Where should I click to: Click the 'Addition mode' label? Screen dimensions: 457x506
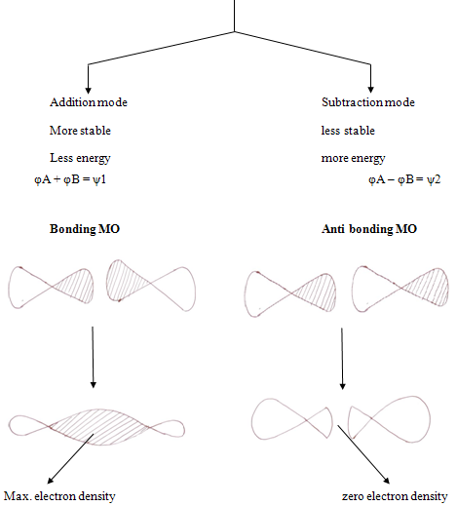(x=89, y=102)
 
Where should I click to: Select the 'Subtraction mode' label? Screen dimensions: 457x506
(x=368, y=102)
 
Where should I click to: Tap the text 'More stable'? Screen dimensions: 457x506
(x=80, y=131)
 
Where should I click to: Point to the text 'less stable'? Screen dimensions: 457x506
(x=348, y=131)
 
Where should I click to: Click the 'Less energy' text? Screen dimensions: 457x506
(x=80, y=159)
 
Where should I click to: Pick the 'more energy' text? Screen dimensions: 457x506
(x=353, y=159)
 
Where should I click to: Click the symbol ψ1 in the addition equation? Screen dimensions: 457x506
(x=99, y=179)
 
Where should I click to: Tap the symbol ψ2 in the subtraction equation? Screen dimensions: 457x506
(x=434, y=179)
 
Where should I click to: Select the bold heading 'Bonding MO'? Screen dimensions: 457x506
(x=85, y=229)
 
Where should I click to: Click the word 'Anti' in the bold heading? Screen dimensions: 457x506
(x=333, y=229)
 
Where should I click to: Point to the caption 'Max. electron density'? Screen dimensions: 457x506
(x=59, y=496)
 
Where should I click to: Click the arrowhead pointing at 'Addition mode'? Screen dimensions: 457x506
(x=88, y=91)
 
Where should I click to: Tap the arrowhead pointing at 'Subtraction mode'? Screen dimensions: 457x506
(x=370, y=90)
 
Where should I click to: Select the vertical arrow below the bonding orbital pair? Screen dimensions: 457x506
(x=93, y=357)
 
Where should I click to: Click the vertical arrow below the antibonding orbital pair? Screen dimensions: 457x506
(x=342, y=359)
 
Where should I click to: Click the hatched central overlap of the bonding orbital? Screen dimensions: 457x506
(x=99, y=427)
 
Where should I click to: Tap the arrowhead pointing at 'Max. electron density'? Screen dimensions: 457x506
(x=51, y=481)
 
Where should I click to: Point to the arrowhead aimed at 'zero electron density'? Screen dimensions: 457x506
(x=387, y=481)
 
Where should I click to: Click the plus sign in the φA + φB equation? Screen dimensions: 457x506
(x=57, y=179)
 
